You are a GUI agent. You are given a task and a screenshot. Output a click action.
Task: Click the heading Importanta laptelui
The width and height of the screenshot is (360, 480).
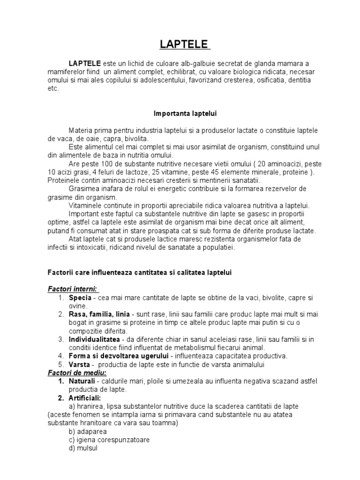point(185,113)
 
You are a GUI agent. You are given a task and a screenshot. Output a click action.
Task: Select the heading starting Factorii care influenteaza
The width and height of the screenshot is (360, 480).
point(139,272)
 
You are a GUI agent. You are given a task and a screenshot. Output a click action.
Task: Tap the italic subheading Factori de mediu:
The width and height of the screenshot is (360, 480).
point(77,373)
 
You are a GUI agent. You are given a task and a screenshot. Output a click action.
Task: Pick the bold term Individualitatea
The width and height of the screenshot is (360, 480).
point(96,339)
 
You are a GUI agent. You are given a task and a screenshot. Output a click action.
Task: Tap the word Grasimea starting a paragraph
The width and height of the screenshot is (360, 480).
point(84,188)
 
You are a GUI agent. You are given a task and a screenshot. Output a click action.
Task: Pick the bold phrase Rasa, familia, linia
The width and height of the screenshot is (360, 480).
point(100,314)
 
